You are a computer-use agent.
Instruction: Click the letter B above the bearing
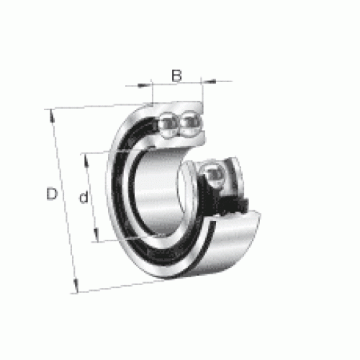click(177, 76)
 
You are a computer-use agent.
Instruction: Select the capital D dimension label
click(52, 194)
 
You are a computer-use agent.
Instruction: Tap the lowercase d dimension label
click(84, 197)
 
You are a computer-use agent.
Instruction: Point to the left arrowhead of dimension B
click(144, 85)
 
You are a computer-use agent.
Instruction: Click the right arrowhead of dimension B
click(208, 81)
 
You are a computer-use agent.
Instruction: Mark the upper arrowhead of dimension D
click(52, 116)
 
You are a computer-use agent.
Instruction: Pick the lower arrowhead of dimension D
click(76, 286)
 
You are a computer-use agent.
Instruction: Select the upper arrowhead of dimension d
click(86, 160)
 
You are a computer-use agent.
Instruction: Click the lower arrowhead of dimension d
click(96, 235)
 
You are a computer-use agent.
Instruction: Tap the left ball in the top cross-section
click(168, 125)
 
